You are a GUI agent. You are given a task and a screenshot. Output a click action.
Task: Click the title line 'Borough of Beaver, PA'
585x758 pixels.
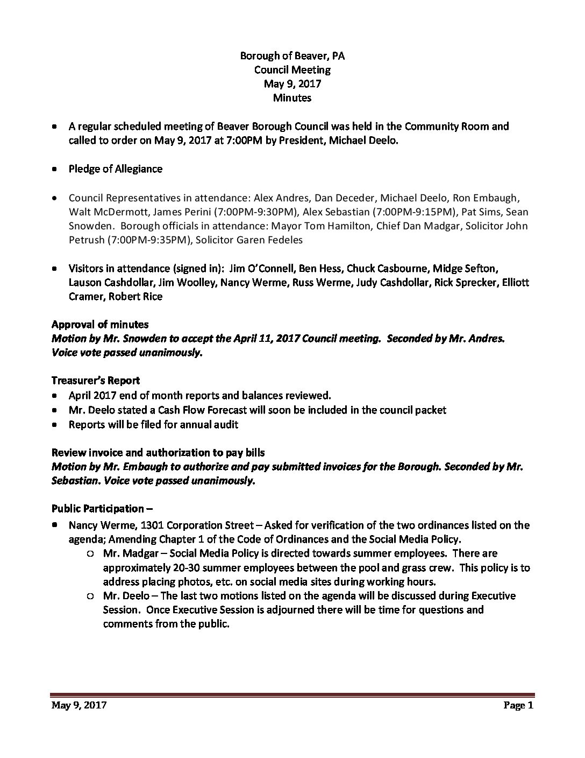[292, 55]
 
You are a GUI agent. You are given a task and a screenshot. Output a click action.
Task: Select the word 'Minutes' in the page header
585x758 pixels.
[292, 97]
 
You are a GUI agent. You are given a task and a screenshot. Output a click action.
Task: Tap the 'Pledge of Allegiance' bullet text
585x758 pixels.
[115, 169]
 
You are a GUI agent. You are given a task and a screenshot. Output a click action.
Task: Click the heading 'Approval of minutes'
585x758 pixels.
[100, 324]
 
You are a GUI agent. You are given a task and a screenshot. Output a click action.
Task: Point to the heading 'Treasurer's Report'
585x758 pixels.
[96, 381]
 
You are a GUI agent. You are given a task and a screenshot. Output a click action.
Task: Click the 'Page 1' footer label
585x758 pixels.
[518, 706]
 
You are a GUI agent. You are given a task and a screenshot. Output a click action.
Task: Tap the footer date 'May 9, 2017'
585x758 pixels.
[79, 706]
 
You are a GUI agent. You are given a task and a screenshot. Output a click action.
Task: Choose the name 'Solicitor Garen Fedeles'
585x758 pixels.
[249, 240]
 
